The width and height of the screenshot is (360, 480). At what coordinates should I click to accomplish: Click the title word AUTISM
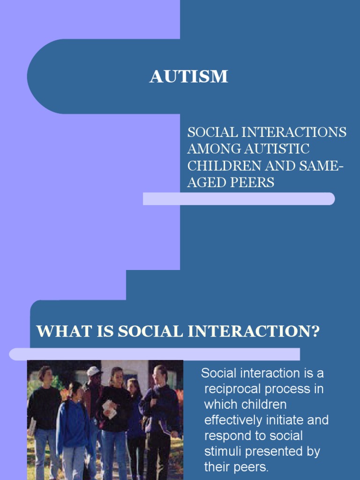click(x=188, y=76)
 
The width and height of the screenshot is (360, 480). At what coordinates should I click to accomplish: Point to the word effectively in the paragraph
click(x=238, y=420)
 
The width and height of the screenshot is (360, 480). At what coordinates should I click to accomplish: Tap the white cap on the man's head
click(x=94, y=371)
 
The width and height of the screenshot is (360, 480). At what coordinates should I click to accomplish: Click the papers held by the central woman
click(x=109, y=408)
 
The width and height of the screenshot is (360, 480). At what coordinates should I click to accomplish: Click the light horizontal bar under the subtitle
click(x=239, y=199)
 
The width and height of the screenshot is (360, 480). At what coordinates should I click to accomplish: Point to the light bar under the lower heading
click(x=154, y=354)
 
